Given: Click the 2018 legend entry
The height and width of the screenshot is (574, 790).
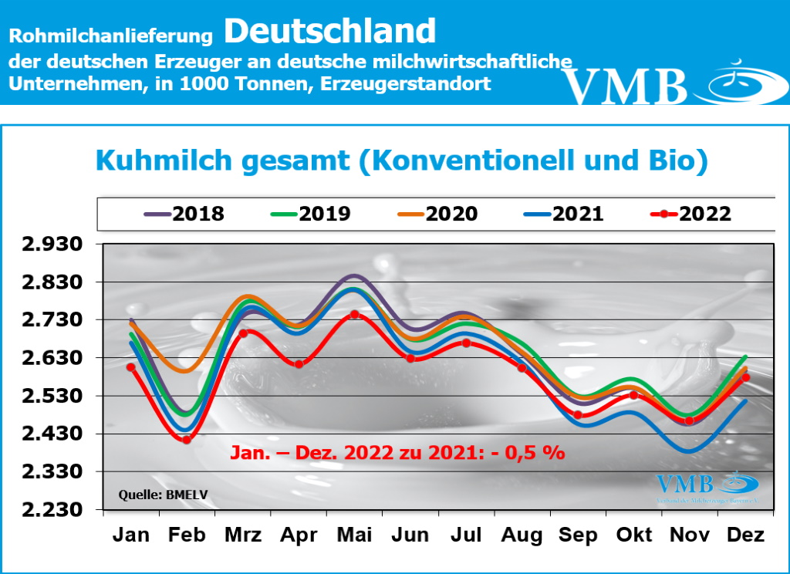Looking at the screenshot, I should point(182,214).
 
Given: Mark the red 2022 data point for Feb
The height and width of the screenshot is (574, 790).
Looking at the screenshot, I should point(186,440).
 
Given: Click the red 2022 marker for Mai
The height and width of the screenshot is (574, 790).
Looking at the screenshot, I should point(354,314).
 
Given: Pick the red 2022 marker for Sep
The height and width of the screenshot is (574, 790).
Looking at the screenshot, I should point(578,415).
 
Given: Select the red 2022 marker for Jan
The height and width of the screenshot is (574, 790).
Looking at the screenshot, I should point(131,367).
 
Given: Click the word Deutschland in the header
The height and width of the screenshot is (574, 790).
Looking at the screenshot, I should point(330,31).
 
